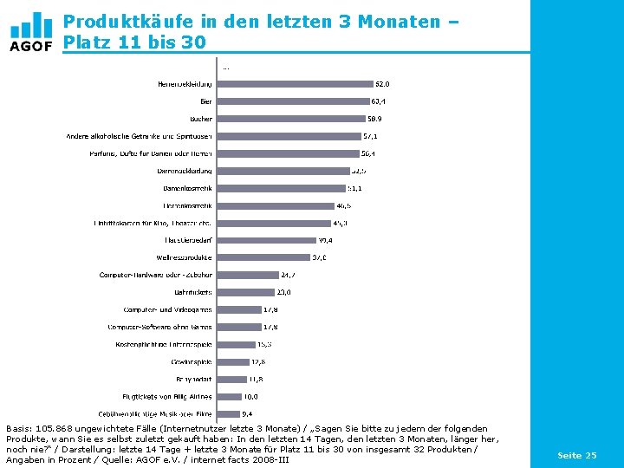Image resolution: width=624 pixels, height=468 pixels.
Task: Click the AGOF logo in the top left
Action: pyautogui.click(x=31, y=32)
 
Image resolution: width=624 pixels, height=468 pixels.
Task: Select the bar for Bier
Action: pyautogui.click(x=293, y=101)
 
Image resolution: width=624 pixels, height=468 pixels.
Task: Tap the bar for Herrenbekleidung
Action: pyautogui.click(x=294, y=84)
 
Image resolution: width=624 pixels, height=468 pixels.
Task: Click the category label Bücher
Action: pyautogui.click(x=201, y=119)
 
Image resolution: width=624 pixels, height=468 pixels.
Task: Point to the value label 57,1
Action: pyautogui.click(x=370, y=136)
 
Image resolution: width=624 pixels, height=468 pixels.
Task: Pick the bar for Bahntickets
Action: pyautogui.click(x=245, y=292)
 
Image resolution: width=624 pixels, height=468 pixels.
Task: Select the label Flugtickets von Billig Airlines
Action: pyautogui.click(x=166, y=396)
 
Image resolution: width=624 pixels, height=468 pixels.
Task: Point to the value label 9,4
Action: pyautogui.click(x=247, y=413)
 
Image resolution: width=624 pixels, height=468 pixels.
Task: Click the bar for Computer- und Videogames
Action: pyautogui.click(x=239, y=309)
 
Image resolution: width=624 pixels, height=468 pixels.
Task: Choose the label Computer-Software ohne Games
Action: pyautogui.click(x=159, y=327)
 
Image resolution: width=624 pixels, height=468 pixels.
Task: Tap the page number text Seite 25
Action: pyautogui.click(x=576, y=455)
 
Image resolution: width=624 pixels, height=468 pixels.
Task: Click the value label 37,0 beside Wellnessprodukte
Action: pyautogui.click(x=319, y=257)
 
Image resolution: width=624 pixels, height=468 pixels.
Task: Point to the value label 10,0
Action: pyautogui.click(x=250, y=396)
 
